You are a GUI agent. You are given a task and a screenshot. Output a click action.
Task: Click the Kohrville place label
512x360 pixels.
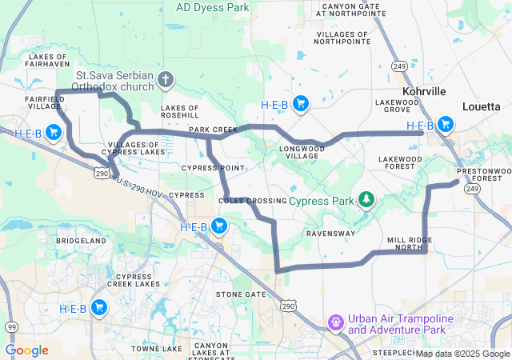[424, 92]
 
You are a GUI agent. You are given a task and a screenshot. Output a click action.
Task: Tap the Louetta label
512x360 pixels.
[482, 106]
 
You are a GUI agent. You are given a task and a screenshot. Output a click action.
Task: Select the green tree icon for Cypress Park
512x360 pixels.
[366, 199]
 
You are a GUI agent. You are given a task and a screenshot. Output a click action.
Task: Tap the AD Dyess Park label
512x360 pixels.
[212, 7]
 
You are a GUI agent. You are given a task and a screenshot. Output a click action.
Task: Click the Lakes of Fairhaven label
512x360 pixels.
[51, 62]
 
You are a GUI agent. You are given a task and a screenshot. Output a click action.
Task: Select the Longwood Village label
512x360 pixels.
[302, 152]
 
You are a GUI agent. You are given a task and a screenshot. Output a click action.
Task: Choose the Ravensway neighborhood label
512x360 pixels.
[330, 234]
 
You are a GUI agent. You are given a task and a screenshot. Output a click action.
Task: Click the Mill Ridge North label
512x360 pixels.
[409, 243]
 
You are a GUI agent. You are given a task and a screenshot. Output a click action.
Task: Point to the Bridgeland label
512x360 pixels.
[81, 240]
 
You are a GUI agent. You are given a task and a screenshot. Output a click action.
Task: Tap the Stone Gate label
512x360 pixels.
[241, 294]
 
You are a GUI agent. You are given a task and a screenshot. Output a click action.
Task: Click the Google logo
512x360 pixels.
[26, 350]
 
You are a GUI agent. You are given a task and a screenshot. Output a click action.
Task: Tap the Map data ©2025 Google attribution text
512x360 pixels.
[462, 354]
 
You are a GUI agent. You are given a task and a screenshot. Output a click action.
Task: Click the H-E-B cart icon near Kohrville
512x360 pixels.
[445, 125]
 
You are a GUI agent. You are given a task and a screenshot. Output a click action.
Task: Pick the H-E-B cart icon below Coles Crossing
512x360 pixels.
[218, 227]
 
